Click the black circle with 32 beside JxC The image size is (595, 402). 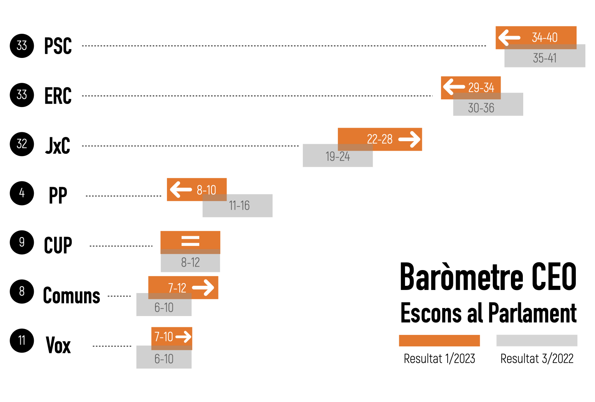point(22,144)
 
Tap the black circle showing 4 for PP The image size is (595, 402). point(22,193)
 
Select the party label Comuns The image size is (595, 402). point(71,295)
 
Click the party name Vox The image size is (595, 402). point(58,345)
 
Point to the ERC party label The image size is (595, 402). point(58,96)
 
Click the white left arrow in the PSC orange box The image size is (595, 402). point(509,38)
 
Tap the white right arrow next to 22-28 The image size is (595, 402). point(409,139)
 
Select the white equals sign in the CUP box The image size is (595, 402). point(190,241)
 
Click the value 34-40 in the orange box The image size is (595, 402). point(545,38)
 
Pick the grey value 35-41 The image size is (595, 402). point(545,58)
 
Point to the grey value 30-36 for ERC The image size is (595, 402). point(481,108)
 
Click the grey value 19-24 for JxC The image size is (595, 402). point(337,156)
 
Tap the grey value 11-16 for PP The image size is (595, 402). point(239,205)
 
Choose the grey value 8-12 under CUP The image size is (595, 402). point(190,262)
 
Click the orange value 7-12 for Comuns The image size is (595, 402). point(177,288)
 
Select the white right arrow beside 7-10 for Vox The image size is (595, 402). point(183,337)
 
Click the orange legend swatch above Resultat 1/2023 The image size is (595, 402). point(440,341)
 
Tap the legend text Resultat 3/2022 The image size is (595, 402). point(537,359)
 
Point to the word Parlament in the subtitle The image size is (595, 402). point(532,313)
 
